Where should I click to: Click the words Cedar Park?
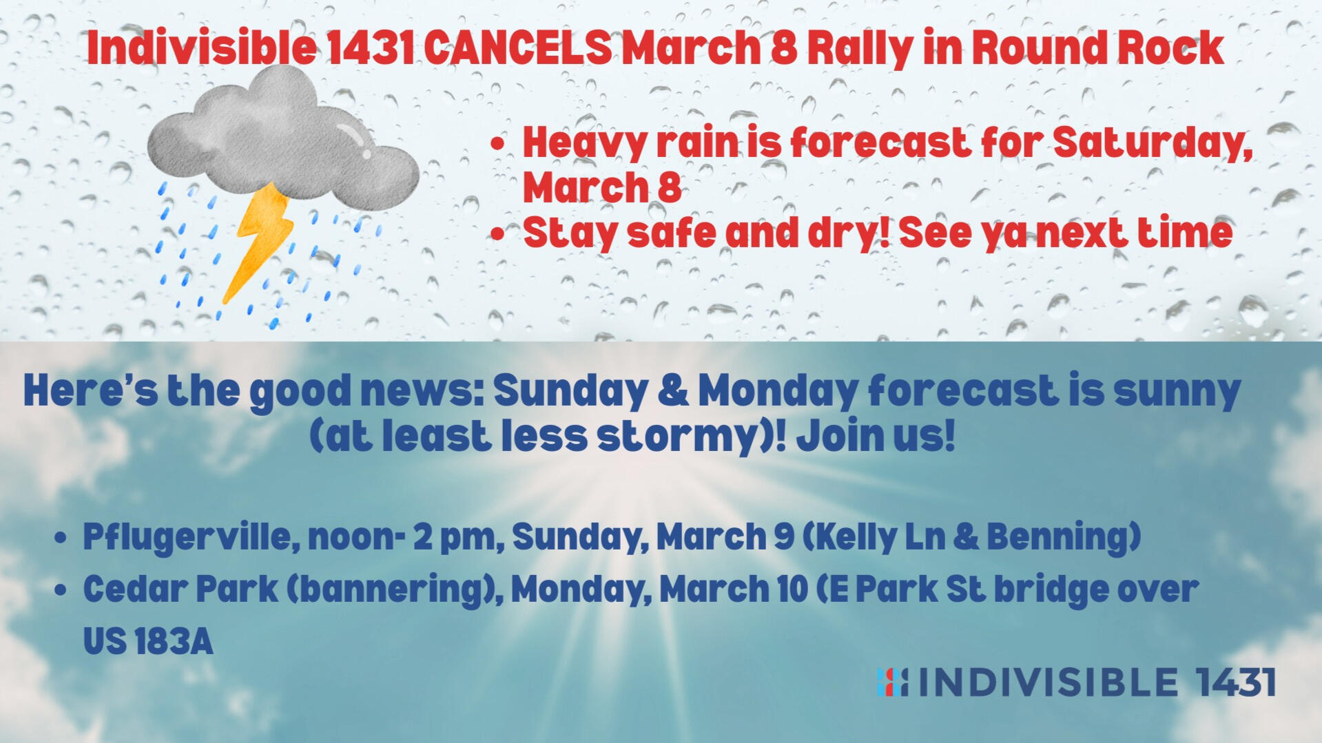pyautogui.click(x=180, y=589)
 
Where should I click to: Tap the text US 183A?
pyautogui.click(x=148, y=642)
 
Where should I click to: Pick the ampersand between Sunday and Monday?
pyautogui.click(x=673, y=390)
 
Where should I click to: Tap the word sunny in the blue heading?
pyautogui.click(x=1177, y=393)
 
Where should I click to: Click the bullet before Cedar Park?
pyautogui.click(x=61, y=591)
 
